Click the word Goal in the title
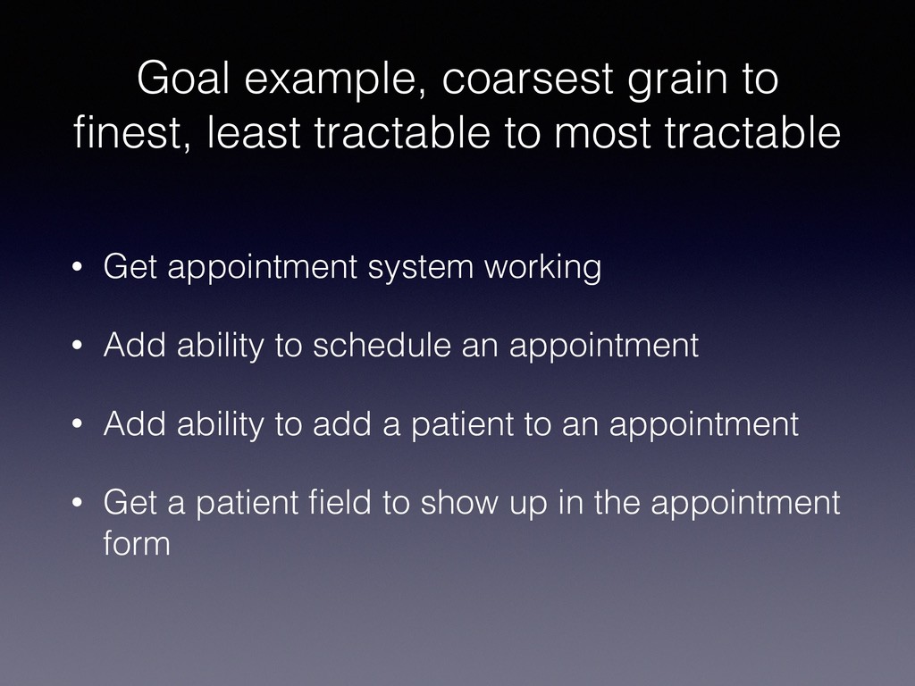pyautogui.click(x=183, y=78)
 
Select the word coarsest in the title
pyautogui.click(x=527, y=79)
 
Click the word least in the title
pyautogui.click(x=254, y=132)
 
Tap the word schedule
pyautogui.click(x=382, y=345)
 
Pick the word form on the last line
pyautogui.click(x=137, y=542)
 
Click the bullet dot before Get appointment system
pyautogui.click(x=77, y=267)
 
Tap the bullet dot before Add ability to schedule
pyautogui.click(x=77, y=346)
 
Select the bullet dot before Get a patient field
pyautogui.click(x=77, y=503)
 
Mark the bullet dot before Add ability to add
pyautogui.click(x=77, y=424)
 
